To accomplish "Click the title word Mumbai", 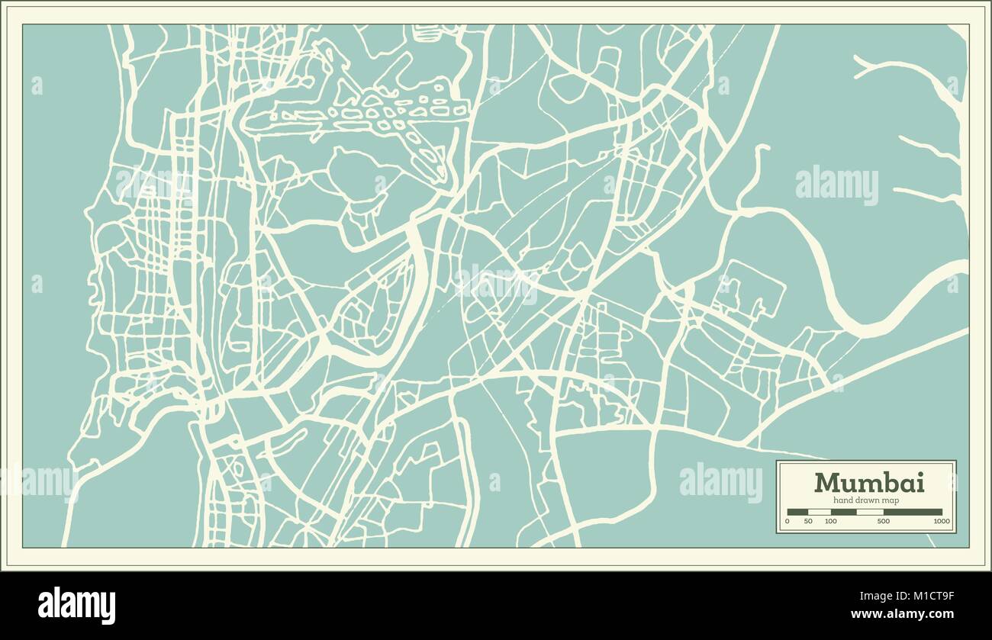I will point(868,483).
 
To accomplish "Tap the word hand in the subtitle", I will point(844,500).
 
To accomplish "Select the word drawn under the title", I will point(869,500).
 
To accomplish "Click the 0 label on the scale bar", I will point(787,522).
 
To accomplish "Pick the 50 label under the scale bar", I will point(808,522).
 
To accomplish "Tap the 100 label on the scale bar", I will point(830,522).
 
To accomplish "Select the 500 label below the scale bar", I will point(883,522).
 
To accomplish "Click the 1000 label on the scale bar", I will point(941,522).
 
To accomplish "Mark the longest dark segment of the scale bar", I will point(912,512).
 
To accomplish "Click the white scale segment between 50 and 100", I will point(819,512).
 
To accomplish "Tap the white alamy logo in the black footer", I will point(76,605).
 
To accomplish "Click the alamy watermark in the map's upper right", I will point(836,185).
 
